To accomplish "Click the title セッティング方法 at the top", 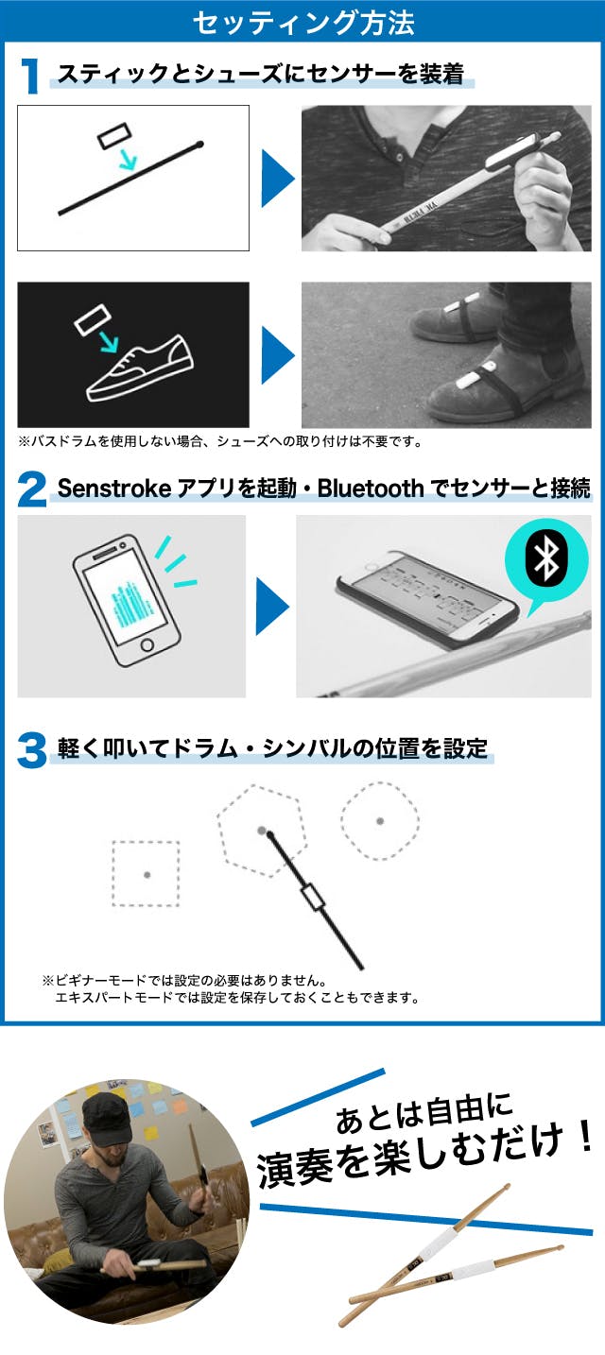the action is (303, 24).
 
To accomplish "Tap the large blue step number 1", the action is (30, 77).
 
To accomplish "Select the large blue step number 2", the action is (31, 489).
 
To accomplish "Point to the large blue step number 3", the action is (31, 750).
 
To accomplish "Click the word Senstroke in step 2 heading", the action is (114, 489).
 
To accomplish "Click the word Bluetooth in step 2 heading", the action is (371, 489).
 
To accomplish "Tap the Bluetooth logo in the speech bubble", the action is (545, 559).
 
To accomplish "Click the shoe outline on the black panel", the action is (140, 368).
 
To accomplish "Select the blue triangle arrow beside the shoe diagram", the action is (278, 355).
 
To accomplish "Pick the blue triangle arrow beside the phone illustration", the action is (272, 606).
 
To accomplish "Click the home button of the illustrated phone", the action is (147, 644).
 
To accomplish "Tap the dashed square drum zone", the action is (146, 873).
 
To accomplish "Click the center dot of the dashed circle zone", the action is (380, 821).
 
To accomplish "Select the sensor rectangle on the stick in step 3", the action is (313, 897).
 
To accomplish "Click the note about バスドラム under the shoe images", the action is (220, 441).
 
